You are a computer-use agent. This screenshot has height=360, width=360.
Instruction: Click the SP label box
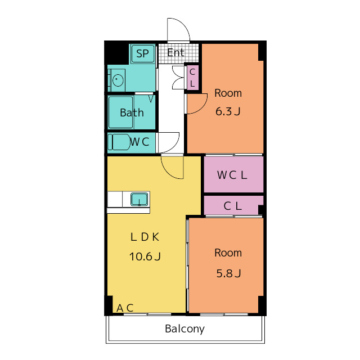pyautogui.click(x=143, y=54)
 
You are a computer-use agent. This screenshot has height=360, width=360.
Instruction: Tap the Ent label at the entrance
pyautogui.click(x=175, y=53)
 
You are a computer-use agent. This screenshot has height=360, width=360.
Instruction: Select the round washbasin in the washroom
pyautogui.click(x=118, y=80)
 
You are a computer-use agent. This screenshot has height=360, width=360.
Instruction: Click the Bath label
pyautogui.click(x=132, y=112)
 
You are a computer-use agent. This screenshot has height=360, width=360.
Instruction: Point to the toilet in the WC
pyautogui.click(x=119, y=142)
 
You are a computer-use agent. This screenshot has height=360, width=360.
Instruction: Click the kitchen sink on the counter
pyautogui.click(x=139, y=199)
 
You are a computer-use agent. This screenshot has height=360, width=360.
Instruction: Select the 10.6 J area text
pyautogui.click(x=145, y=256)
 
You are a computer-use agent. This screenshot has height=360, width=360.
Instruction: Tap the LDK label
pyautogui.click(x=145, y=237)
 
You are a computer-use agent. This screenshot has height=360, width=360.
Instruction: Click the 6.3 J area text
pyautogui.click(x=228, y=111)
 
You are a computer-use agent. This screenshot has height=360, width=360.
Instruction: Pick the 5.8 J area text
pyautogui.click(x=229, y=273)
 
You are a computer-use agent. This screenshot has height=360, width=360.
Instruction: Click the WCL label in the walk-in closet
pyautogui.click(x=232, y=175)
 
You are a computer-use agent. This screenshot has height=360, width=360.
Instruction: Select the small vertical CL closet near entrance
pyautogui.click(x=192, y=78)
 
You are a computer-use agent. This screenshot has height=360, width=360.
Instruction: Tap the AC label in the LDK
pyautogui.click(x=125, y=308)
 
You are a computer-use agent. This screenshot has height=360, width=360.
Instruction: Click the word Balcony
pyautogui.click(x=185, y=328)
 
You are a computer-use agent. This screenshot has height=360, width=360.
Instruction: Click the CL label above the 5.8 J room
pyautogui.click(x=232, y=206)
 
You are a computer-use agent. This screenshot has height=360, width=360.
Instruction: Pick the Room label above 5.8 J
pyautogui.click(x=228, y=253)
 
